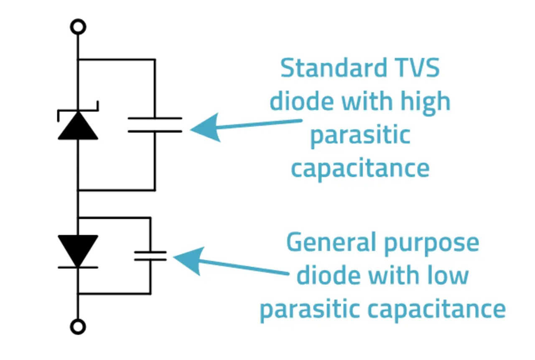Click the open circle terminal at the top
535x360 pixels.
[x=78, y=28]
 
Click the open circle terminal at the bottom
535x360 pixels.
[x=78, y=326]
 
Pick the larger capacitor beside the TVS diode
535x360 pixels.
[x=155, y=125]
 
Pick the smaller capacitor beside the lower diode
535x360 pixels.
[x=150, y=256]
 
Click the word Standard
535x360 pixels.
[x=328, y=68]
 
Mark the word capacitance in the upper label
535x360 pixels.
[x=360, y=168]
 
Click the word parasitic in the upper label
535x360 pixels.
[x=360, y=136]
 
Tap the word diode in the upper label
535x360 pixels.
[x=301, y=101]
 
